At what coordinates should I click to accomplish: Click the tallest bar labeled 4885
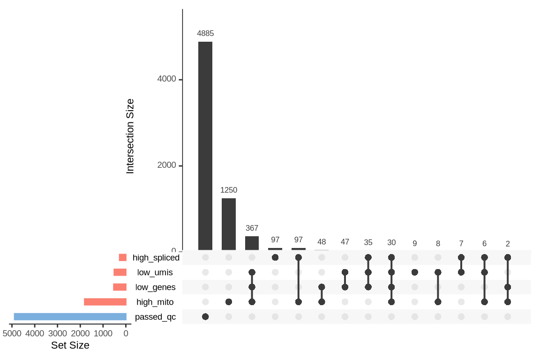click(x=205, y=146)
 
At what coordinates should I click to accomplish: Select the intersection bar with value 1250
click(x=229, y=224)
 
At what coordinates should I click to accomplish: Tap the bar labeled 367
click(x=252, y=243)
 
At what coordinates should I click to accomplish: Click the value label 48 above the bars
click(x=322, y=242)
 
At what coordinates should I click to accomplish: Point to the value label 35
click(x=368, y=242)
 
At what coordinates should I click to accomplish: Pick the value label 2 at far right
click(x=508, y=244)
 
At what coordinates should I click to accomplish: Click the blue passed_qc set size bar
click(x=70, y=317)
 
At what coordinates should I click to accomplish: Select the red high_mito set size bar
click(x=105, y=302)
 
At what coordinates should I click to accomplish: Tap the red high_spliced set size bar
click(x=123, y=257)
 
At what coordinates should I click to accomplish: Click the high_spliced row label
click(x=156, y=257)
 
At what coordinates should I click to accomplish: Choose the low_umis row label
click(x=155, y=272)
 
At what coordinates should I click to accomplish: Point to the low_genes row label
click(x=155, y=287)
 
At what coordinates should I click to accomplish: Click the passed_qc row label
click(x=155, y=317)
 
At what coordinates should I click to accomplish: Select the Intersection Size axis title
click(x=130, y=136)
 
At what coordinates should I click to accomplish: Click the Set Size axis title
click(x=70, y=345)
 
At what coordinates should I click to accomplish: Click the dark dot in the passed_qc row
click(x=205, y=317)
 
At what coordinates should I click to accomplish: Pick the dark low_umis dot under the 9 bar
click(x=415, y=272)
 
